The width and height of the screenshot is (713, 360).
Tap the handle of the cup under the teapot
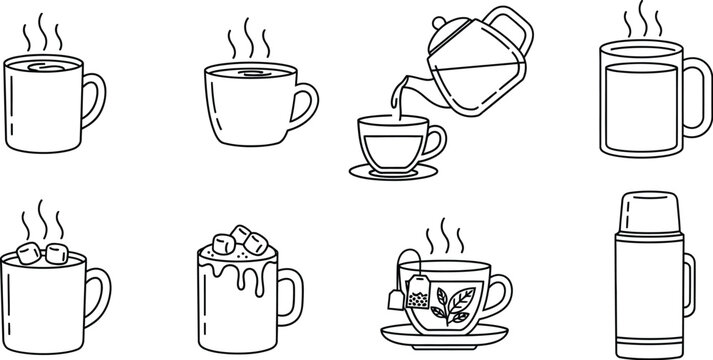436,144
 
